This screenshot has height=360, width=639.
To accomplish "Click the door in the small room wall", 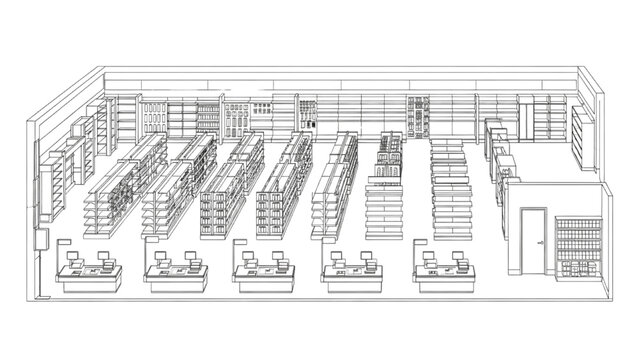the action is pyautogui.click(x=534, y=240).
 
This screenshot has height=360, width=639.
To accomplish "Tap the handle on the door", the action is pyautogui.click(x=541, y=243).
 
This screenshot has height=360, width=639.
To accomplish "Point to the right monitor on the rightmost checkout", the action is pyautogui.click(x=461, y=258).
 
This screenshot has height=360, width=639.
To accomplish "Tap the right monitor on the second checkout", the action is pyautogui.click(x=192, y=259).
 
